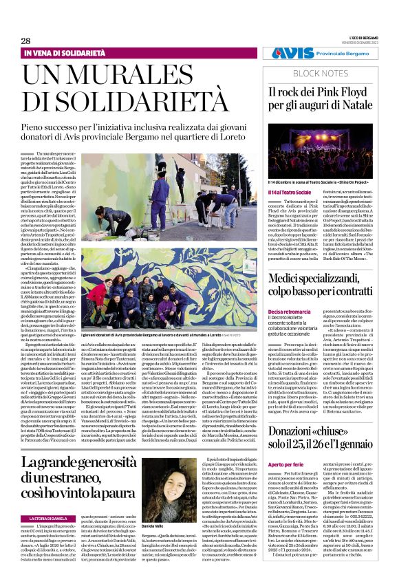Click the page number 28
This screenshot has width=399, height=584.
pos(26,41)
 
